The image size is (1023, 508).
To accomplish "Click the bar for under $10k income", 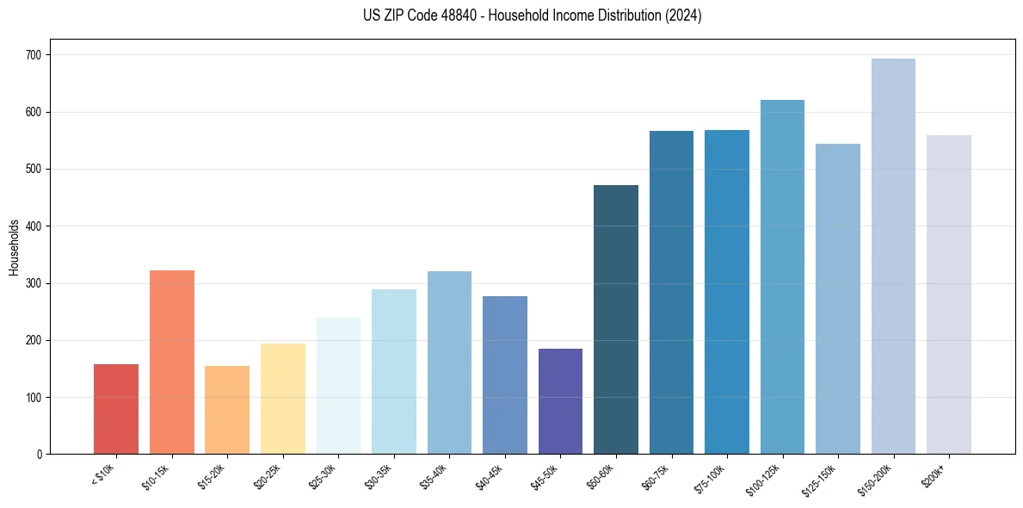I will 116,409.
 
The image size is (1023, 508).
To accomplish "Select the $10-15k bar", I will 172,362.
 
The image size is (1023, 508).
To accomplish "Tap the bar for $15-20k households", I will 227,410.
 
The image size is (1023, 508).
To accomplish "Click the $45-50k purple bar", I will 560,401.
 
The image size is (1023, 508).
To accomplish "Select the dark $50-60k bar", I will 616,319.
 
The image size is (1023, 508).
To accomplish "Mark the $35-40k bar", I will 449,362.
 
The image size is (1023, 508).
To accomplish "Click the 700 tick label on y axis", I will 34,55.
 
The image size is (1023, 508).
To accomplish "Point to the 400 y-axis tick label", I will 34,226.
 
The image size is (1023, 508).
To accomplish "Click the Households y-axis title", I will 14,247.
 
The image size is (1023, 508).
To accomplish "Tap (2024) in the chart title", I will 684,15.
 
